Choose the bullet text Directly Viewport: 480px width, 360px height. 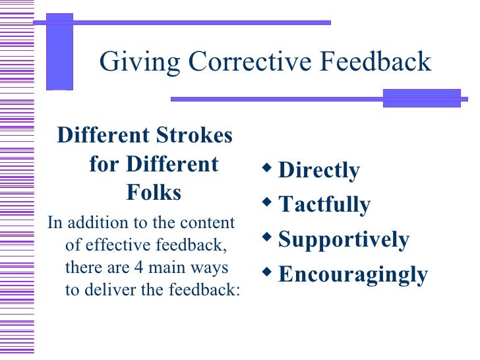(x=319, y=170)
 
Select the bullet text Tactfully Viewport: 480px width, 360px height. (x=324, y=204)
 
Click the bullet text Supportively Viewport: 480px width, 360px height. (x=344, y=239)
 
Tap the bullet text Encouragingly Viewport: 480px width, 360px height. (x=353, y=274)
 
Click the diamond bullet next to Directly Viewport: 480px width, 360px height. (x=266, y=167)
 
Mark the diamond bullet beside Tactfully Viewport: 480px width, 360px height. (x=266, y=202)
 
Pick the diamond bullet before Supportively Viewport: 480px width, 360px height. (x=266, y=236)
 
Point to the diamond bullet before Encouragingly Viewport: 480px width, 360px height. (x=266, y=270)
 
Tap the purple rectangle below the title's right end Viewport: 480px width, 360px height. (x=421, y=98)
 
